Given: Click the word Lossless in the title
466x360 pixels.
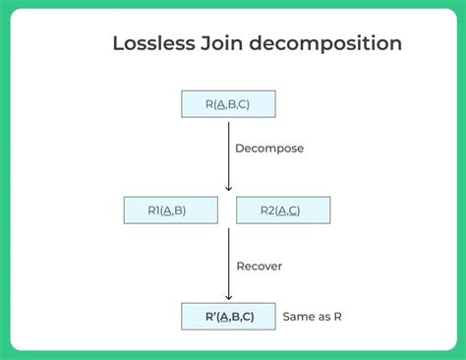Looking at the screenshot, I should click(x=153, y=44).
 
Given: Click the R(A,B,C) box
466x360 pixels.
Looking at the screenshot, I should click(x=228, y=103).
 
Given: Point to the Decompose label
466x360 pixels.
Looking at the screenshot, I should click(x=269, y=149).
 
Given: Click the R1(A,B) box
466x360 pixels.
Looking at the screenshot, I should click(x=170, y=210).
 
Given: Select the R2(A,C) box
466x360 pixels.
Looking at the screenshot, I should click(x=283, y=210).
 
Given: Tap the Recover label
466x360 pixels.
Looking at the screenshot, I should click(x=259, y=265).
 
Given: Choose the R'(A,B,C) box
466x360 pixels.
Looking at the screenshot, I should click(x=228, y=316).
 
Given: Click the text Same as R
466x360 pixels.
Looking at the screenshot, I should click(x=312, y=317).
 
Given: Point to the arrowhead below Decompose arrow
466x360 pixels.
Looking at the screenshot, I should click(x=229, y=187).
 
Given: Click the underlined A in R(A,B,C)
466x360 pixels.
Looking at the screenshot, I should click(x=220, y=103).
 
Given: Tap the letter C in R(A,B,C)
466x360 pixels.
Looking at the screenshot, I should click(x=246, y=103).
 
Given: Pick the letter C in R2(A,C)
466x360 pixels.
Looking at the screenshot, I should click(x=295, y=210).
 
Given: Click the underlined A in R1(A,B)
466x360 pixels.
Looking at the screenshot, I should click(x=169, y=210).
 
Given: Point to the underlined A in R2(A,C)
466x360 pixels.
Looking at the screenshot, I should click(x=282, y=210).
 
